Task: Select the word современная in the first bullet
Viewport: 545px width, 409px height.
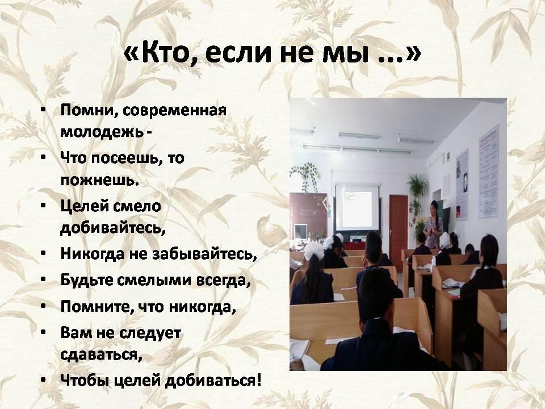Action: (x=174, y=110)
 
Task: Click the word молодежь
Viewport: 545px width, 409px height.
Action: (x=102, y=132)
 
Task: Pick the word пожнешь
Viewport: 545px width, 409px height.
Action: (x=100, y=181)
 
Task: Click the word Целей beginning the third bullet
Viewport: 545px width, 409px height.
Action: (x=84, y=207)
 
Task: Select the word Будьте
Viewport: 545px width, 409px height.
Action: (x=86, y=280)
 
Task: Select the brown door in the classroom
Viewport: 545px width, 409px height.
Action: (x=399, y=228)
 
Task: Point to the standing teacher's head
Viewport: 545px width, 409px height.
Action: (x=434, y=207)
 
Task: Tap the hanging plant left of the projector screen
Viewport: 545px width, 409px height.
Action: (x=306, y=176)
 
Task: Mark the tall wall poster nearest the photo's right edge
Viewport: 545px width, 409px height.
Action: (x=489, y=172)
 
